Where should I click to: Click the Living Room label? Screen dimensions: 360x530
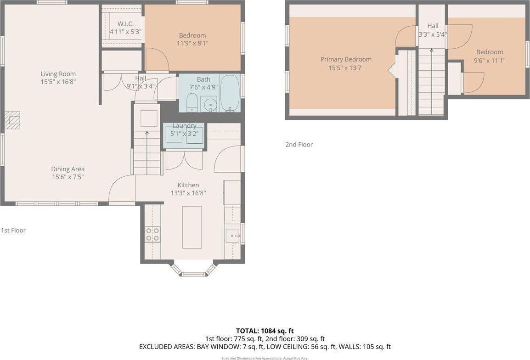point(58,74)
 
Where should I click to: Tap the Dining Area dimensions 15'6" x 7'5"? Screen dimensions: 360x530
point(68,177)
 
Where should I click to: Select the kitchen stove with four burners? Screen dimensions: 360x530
point(152,234)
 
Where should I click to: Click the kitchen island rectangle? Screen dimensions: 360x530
point(192,227)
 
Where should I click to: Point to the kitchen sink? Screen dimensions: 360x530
point(232,236)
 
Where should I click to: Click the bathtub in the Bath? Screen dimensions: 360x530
point(230,94)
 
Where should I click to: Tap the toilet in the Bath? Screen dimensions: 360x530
point(192,103)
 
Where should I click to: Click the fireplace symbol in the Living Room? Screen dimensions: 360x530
point(12,120)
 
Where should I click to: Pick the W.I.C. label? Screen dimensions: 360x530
point(125,24)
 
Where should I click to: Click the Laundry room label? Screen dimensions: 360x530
point(185,126)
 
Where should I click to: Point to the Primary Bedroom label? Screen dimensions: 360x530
point(346,59)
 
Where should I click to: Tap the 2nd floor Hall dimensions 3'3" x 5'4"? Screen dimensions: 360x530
point(433,34)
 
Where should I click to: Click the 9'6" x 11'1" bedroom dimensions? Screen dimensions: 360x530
point(490,60)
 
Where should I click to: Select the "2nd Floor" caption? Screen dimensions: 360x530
point(299,145)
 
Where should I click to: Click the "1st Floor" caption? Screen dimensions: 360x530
point(13,231)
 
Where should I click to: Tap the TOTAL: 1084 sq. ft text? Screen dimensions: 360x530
point(265,331)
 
